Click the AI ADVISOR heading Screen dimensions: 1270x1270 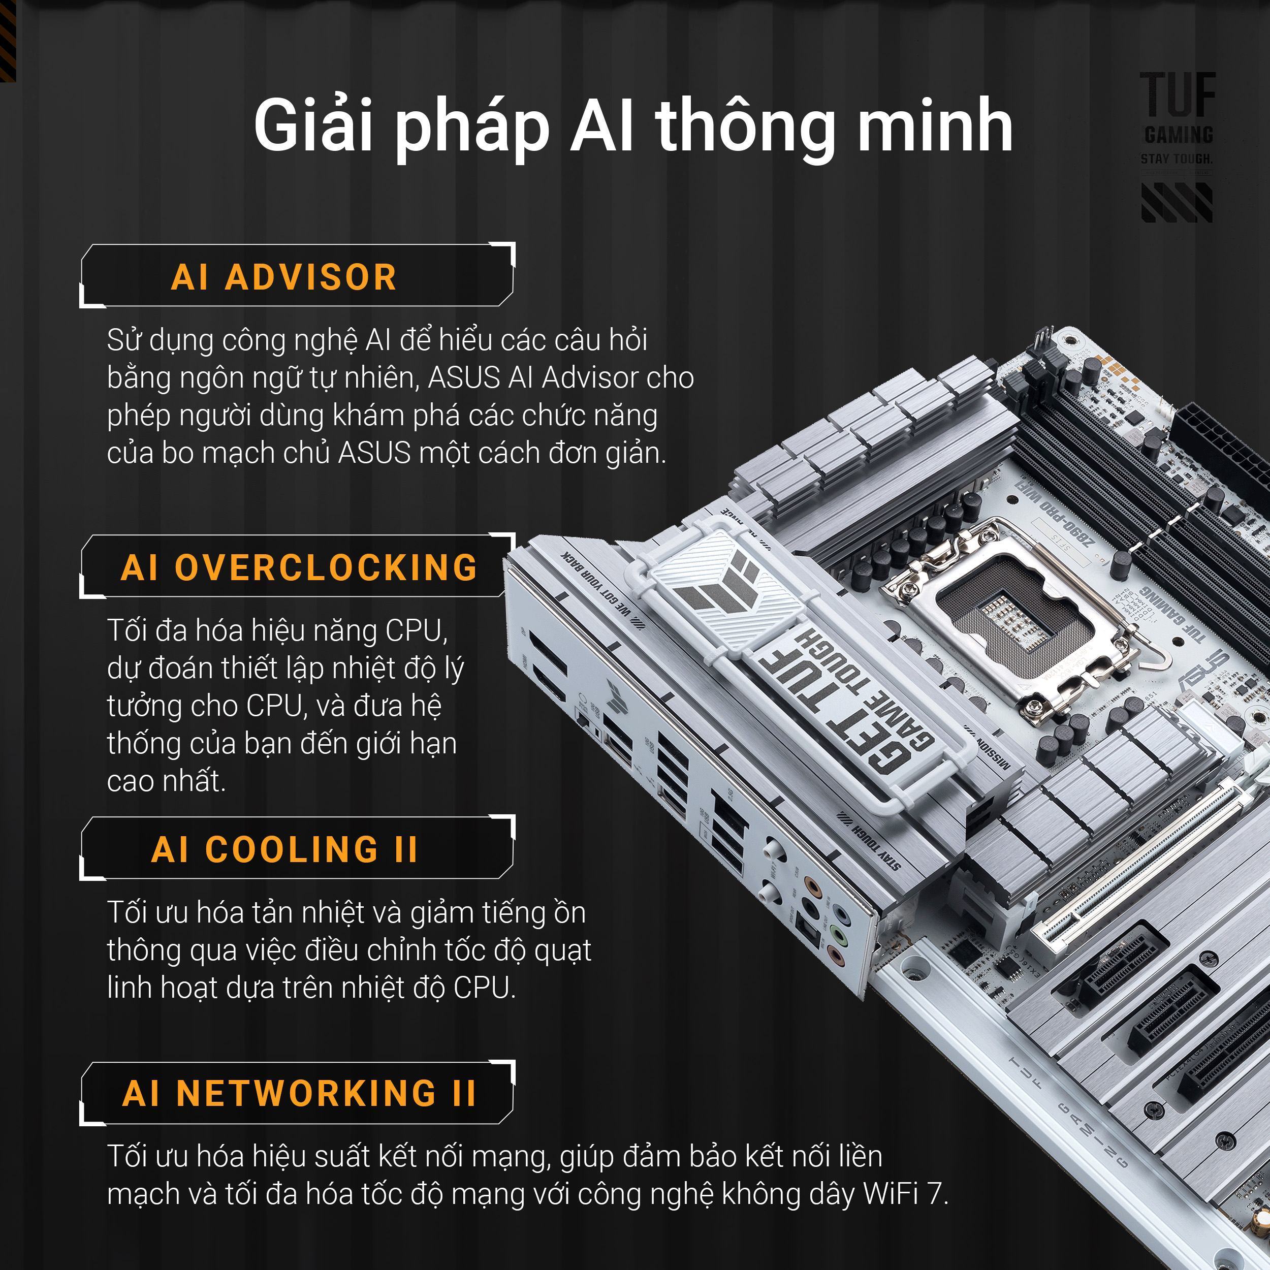284,277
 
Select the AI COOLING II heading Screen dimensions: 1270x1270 284,849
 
